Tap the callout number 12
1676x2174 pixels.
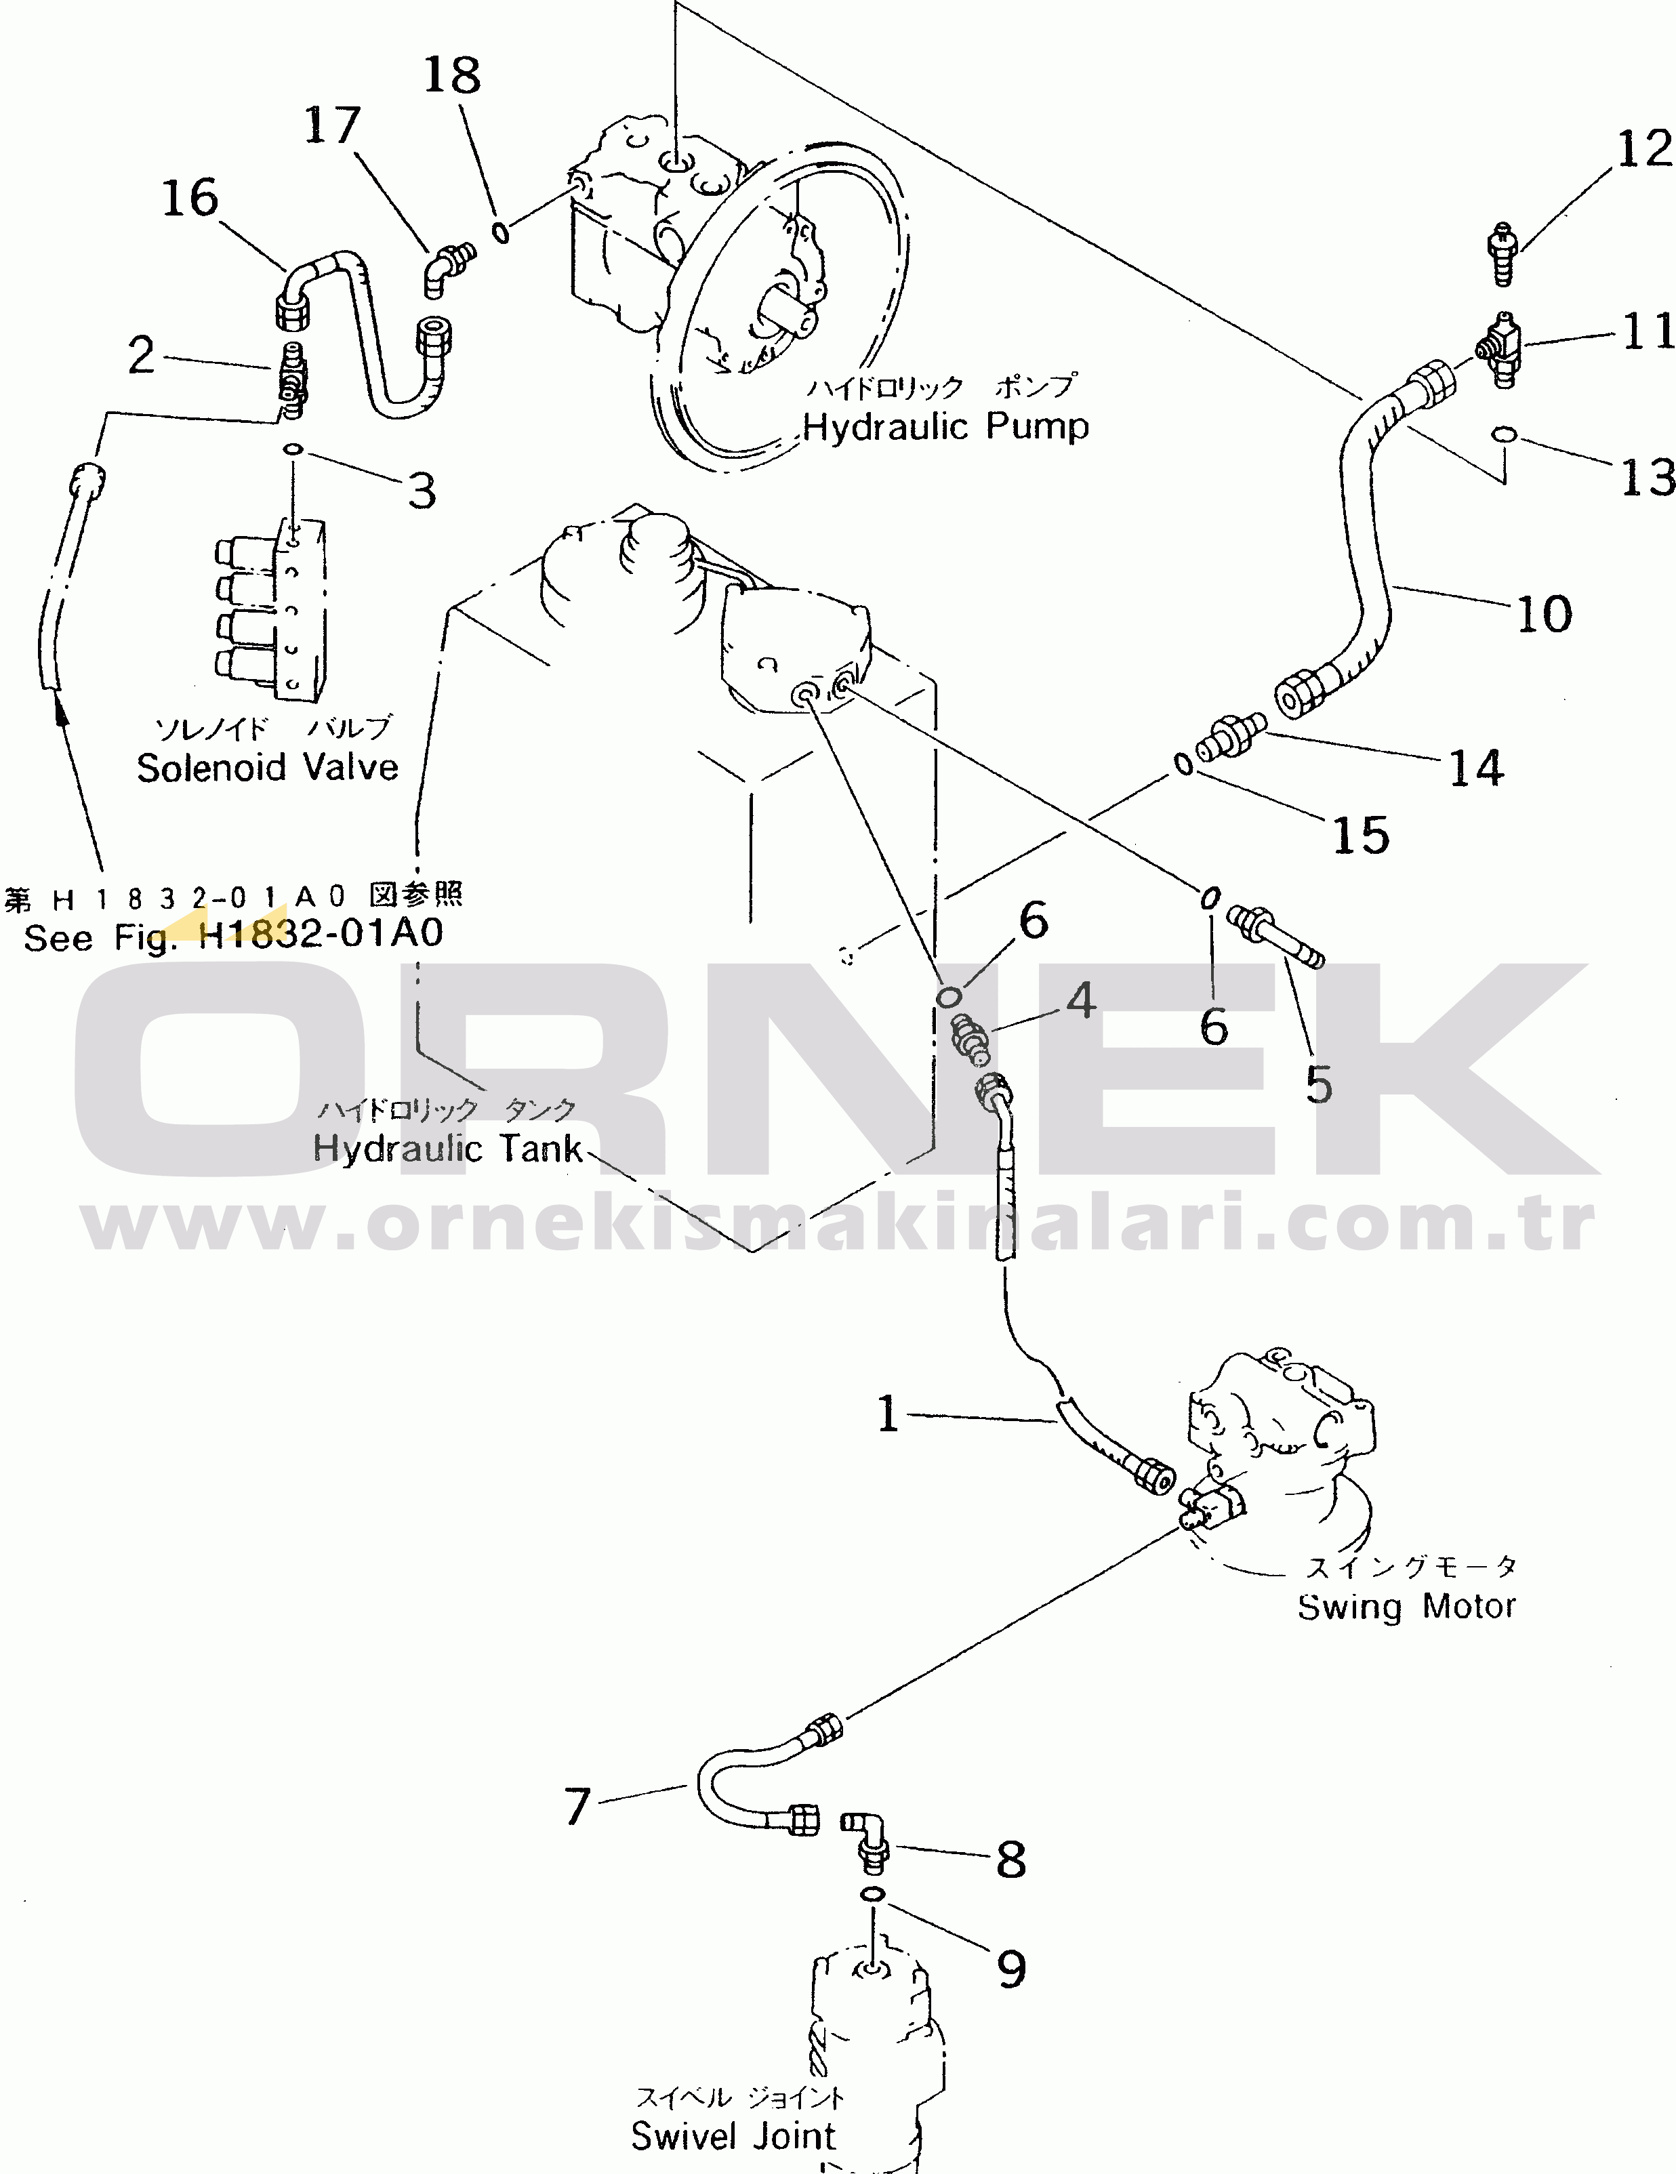[1644, 149]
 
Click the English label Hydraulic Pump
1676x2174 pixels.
[945, 427]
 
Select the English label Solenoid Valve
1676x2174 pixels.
[267, 767]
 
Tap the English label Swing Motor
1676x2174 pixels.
[1406, 1607]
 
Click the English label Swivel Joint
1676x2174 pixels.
[733, 2136]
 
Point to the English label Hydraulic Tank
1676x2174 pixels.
[447, 1148]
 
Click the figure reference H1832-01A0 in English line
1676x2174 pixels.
[321, 934]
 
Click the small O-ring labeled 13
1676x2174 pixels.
[1504, 434]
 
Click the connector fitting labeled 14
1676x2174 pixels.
[1233, 735]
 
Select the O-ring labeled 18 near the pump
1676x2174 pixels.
[502, 233]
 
